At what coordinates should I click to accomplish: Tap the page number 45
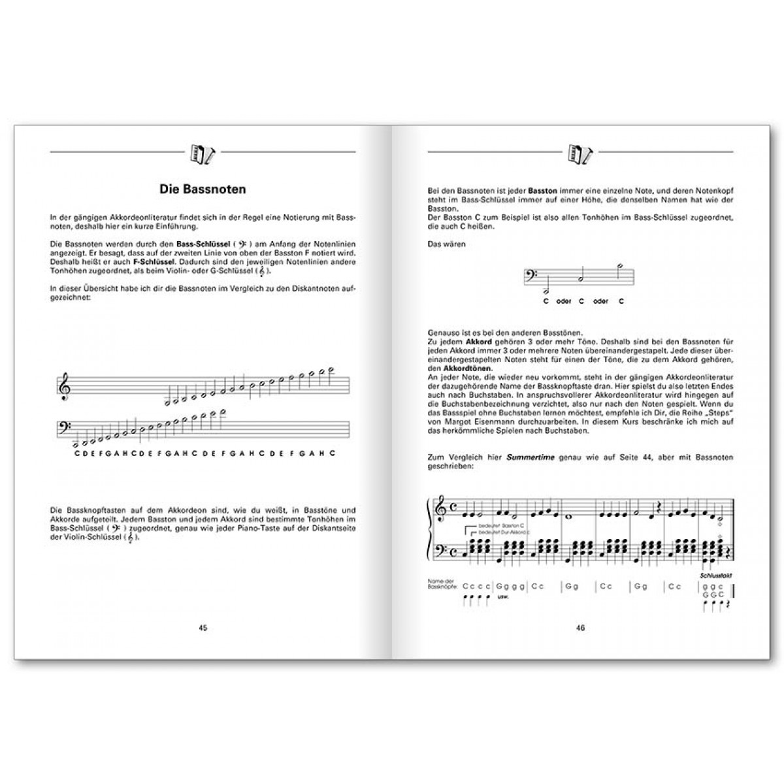(203, 627)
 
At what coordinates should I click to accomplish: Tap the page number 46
(580, 627)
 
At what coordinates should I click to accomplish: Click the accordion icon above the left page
(202, 152)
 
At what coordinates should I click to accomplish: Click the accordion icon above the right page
(580, 152)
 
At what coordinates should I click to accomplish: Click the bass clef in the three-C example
(531, 278)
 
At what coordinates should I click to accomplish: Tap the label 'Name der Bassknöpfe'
(441, 583)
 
